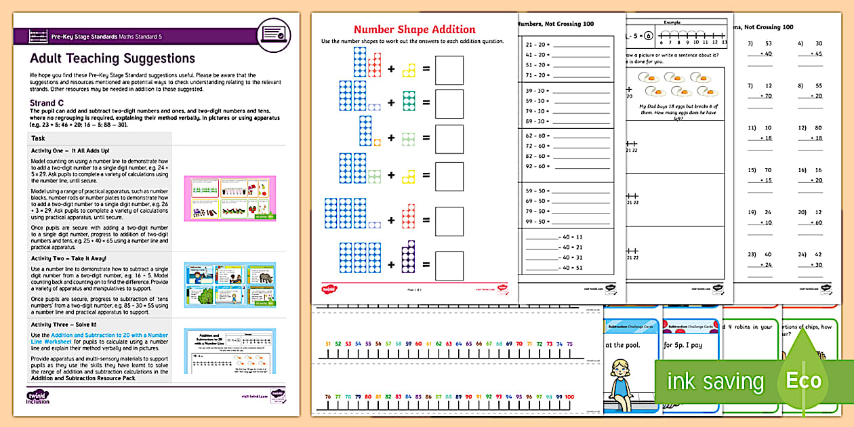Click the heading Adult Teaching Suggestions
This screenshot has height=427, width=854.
[x=113, y=58]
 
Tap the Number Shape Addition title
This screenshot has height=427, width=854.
[x=415, y=29]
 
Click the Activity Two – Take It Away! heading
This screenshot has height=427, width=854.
[x=68, y=258]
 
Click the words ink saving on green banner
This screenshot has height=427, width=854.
[x=715, y=381]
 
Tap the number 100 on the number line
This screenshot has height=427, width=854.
[x=569, y=396]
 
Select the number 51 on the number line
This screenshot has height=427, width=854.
[x=328, y=344]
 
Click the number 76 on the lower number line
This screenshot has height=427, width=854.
[x=328, y=396]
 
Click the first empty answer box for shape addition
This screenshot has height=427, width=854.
[x=449, y=70]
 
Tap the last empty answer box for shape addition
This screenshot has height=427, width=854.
[x=449, y=265]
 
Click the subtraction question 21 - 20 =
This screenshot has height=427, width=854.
[x=537, y=45]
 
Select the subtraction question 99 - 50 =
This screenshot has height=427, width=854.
[x=537, y=222]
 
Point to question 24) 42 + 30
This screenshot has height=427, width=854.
[x=809, y=260]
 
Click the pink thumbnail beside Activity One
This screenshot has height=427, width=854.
[x=230, y=197]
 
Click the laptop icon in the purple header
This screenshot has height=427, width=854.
[x=274, y=32]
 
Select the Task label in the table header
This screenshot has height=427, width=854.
[x=39, y=138]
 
